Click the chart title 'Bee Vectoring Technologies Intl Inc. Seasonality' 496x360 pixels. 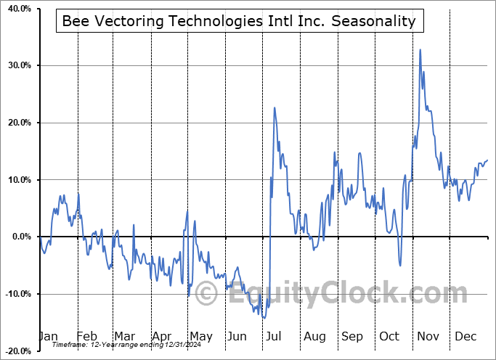(239, 21)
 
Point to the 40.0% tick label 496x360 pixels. (18, 8)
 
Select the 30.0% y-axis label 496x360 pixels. (18, 65)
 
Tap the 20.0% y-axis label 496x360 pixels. (18, 123)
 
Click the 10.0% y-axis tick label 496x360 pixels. (18, 180)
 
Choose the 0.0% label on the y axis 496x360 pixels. (20, 237)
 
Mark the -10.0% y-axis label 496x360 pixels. (17, 294)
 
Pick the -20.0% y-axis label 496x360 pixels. (17, 351)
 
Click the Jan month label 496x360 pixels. (47, 337)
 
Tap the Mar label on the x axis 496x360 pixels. (124, 337)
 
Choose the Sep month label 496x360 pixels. (352, 337)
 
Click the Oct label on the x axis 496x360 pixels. (389, 337)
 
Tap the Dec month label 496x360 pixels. (465, 337)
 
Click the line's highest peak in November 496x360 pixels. (420, 49)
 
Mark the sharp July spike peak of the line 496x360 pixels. (275, 107)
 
